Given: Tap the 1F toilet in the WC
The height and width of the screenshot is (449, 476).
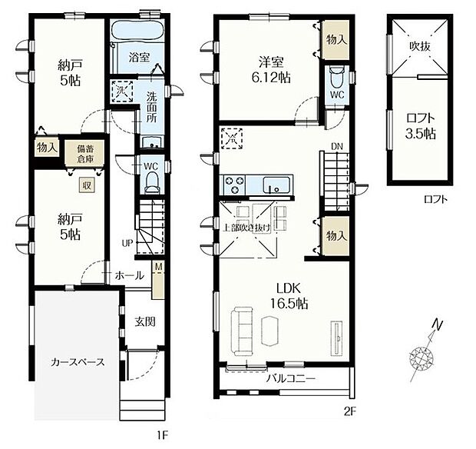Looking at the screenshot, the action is (x=152, y=182).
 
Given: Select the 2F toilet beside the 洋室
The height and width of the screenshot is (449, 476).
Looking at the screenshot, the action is (x=337, y=77).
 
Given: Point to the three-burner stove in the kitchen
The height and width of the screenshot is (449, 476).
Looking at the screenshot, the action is (x=234, y=185).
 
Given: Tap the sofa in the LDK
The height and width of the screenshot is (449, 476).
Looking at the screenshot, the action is (x=242, y=331).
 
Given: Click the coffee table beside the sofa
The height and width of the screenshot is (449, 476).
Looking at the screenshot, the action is (x=270, y=331).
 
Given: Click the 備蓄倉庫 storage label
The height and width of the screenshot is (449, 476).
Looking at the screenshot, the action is (x=85, y=154).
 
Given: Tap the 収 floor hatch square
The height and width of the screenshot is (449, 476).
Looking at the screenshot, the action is (x=87, y=185).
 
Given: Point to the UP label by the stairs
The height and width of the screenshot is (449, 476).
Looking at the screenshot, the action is (x=127, y=243).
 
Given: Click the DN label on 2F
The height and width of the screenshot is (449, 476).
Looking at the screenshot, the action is (x=337, y=147).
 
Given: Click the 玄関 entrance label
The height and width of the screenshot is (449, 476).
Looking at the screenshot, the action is (x=145, y=321).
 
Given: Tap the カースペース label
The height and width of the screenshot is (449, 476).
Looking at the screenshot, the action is (x=78, y=362).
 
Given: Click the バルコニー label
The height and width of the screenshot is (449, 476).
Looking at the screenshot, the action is (x=291, y=379).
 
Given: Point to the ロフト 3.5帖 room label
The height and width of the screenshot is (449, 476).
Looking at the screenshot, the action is (x=421, y=126).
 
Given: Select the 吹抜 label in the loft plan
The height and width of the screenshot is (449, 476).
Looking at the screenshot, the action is (x=420, y=46).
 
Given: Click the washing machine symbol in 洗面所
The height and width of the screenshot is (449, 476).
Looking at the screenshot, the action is (x=122, y=90).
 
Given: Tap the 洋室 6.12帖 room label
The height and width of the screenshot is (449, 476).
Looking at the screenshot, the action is (x=271, y=70).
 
